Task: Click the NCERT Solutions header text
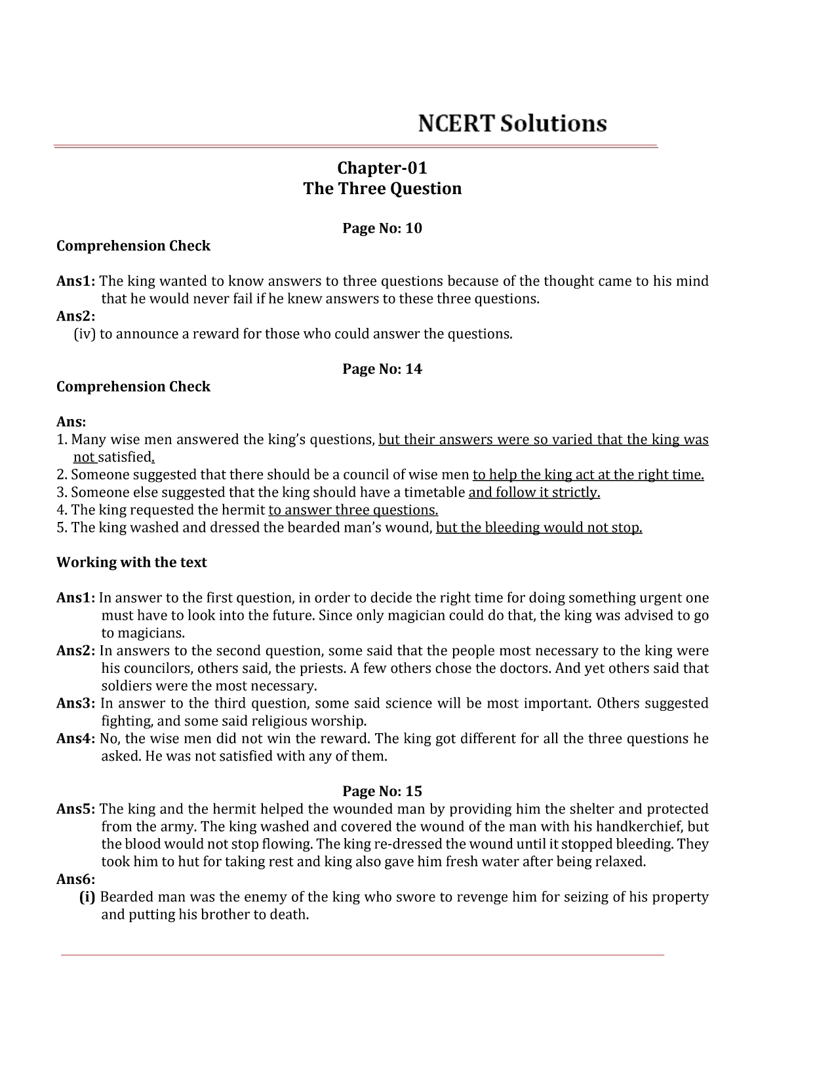[x=512, y=123]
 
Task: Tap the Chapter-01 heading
[x=382, y=168]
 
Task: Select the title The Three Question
[x=382, y=189]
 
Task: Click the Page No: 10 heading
[x=382, y=228]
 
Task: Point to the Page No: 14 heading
[x=382, y=369]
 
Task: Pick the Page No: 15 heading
[x=382, y=791]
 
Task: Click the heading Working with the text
[x=131, y=563]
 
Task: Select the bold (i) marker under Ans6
[x=87, y=896]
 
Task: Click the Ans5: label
[x=76, y=809]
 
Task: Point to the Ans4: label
[x=76, y=738]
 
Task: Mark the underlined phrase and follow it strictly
[x=534, y=492]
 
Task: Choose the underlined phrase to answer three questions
[x=353, y=510]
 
